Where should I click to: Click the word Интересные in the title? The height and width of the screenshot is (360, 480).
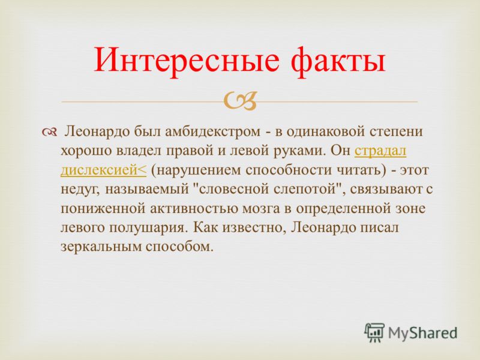[187, 59]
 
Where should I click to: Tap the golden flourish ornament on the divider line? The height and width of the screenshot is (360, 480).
[240, 101]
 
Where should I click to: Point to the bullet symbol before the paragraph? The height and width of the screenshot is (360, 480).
[49, 133]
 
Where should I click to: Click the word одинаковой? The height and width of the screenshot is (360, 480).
[325, 131]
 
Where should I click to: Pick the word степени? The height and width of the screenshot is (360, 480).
[396, 132]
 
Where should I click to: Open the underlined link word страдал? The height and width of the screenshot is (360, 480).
[380, 152]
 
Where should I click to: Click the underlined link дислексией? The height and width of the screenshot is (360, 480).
[103, 170]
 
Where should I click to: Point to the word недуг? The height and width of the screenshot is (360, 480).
[80, 190]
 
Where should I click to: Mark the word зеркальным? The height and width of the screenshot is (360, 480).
[100, 247]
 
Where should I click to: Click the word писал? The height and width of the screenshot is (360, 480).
[380, 227]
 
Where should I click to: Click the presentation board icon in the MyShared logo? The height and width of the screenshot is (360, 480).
[374, 332]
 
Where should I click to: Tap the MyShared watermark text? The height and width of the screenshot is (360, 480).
[422, 333]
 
